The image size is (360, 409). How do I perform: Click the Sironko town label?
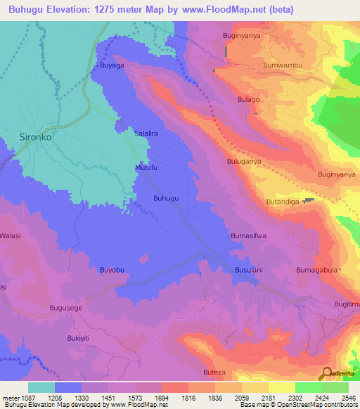[36, 138]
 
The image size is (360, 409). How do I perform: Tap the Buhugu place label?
[167, 199]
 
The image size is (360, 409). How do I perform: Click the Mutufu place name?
[147, 167]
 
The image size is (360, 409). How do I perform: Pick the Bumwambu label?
[281, 65]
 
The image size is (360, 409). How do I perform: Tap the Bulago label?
[248, 100]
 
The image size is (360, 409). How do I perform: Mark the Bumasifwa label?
[248, 236]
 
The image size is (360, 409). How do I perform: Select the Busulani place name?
[248, 269]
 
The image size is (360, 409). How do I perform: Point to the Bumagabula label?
[317, 269]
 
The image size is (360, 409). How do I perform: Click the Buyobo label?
[112, 269]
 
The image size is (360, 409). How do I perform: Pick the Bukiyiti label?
[79, 338]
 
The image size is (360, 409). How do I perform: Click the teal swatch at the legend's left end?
[41, 387]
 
